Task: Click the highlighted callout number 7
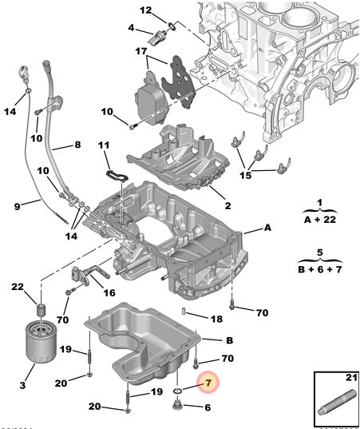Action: click(x=208, y=382)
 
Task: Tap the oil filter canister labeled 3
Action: click(x=41, y=342)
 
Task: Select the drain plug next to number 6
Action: click(x=177, y=405)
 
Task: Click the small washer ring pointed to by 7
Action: click(x=178, y=390)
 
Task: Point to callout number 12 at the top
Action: click(x=145, y=10)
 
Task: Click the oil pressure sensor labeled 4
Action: click(x=158, y=37)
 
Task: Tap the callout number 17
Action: click(x=141, y=51)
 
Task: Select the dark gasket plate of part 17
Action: click(x=179, y=81)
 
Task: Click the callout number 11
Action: click(x=104, y=145)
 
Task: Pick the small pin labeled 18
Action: click(x=184, y=311)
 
